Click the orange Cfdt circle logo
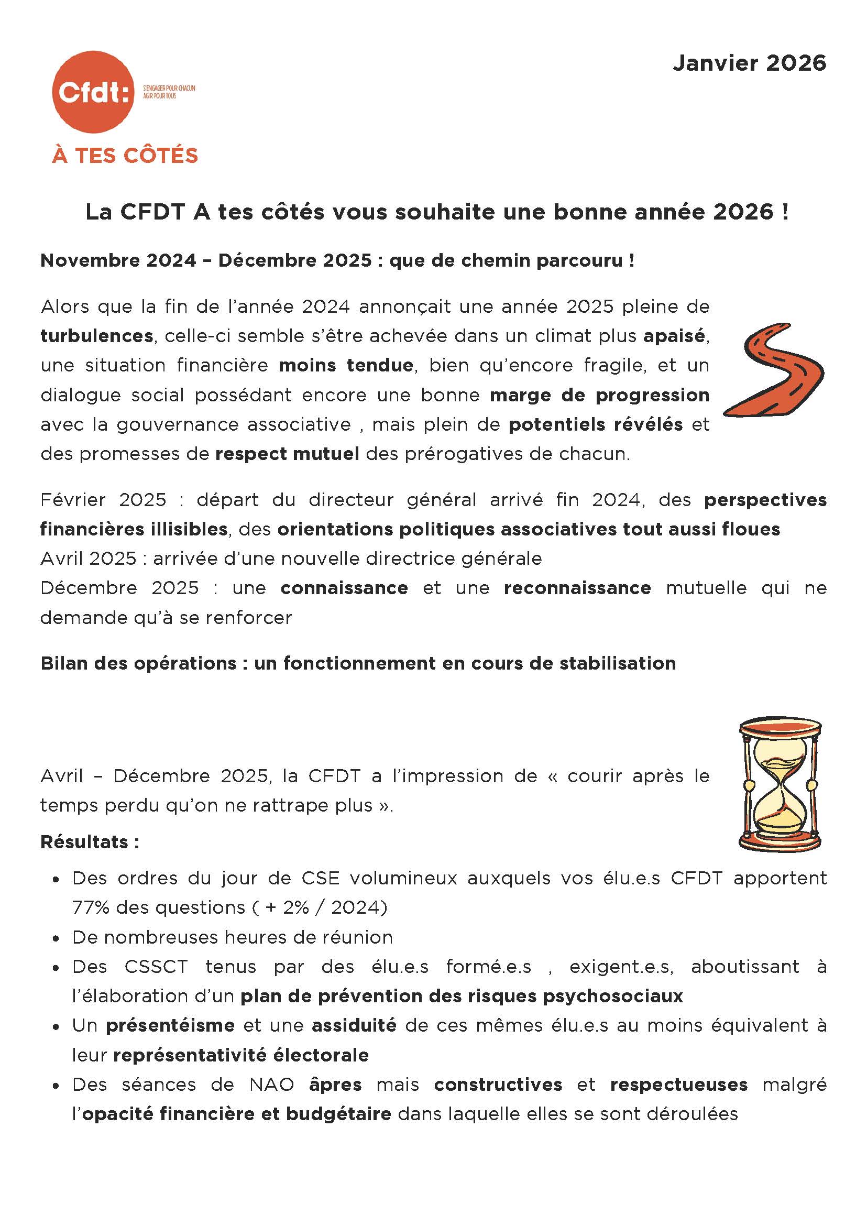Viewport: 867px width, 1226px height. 93,92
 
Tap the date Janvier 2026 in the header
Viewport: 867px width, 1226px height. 749,63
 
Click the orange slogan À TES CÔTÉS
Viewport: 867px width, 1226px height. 125,156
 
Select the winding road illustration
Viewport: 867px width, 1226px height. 774,369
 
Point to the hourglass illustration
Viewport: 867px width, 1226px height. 780,784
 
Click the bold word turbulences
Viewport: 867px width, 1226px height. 96,336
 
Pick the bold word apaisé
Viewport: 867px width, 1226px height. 674,336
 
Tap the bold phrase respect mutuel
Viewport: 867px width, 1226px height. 287,454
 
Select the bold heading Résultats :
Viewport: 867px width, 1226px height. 90,842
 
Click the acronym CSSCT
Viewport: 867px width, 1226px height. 156,967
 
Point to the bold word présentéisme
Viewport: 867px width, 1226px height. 170,1025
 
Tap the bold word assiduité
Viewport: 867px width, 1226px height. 354,1025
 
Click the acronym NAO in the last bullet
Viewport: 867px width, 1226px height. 272,1085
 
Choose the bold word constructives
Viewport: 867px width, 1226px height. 498,1085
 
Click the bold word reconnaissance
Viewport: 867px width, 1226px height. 577,588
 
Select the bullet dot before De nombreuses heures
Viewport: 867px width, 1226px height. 56,938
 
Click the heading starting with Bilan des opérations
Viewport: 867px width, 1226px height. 358,663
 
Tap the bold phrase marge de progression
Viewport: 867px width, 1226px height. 599,395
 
